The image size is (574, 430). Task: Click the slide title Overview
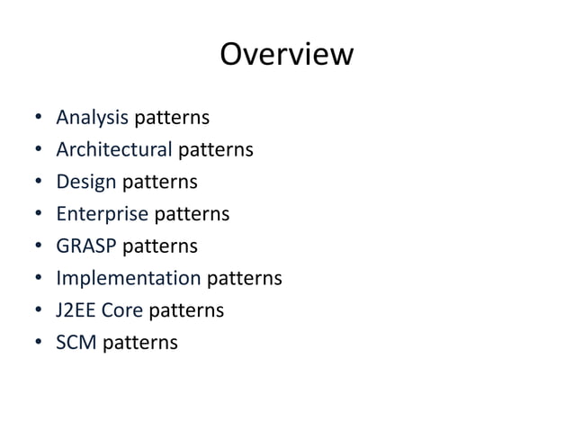[286, 55]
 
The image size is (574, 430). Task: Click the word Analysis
[93, 118]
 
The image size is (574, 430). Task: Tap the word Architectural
[113, 149]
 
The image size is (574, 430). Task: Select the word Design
[86, 183]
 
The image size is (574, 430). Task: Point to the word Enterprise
[102, 214]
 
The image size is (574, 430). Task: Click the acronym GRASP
[86, 246]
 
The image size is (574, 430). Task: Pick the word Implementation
[128, 278]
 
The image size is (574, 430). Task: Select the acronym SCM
[76, 342]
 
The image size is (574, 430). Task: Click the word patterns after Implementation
[244, 278]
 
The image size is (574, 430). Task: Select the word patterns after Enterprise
[192, 214]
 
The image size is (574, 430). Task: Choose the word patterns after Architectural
[215, 149]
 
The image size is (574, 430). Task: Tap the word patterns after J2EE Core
[186, 310]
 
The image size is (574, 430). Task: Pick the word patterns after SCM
[139, 342]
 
